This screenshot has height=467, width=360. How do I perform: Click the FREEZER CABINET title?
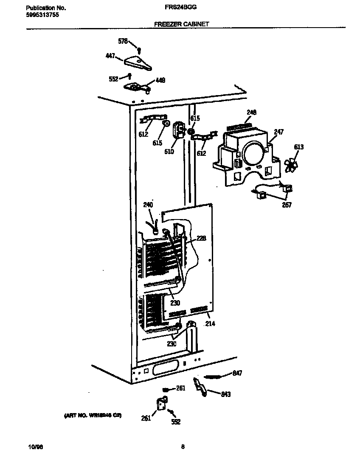pos(181,25)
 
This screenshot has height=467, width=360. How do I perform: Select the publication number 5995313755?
pos(42,14)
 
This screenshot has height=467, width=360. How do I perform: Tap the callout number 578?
pos(123,41)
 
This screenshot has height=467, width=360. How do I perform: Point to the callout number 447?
pos(110,56)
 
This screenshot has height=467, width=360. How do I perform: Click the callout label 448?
pos(160,80)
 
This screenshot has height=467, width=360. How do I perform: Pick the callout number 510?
pos(169,151)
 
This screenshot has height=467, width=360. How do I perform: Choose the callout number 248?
pos(251,113)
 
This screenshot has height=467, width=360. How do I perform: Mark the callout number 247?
pos(278,132)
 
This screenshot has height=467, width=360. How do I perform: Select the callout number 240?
pos(148,205)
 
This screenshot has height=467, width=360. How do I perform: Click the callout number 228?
pos(201,239)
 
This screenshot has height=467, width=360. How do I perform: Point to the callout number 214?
pos(210,324)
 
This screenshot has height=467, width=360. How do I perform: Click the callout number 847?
pos(237,373)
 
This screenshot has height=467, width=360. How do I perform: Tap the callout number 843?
pos(225,394)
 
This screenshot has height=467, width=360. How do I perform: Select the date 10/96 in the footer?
pos(35,447)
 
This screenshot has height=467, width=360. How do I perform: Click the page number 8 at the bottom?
pos(183,447)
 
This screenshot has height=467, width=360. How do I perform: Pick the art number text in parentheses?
pos(93,415)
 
